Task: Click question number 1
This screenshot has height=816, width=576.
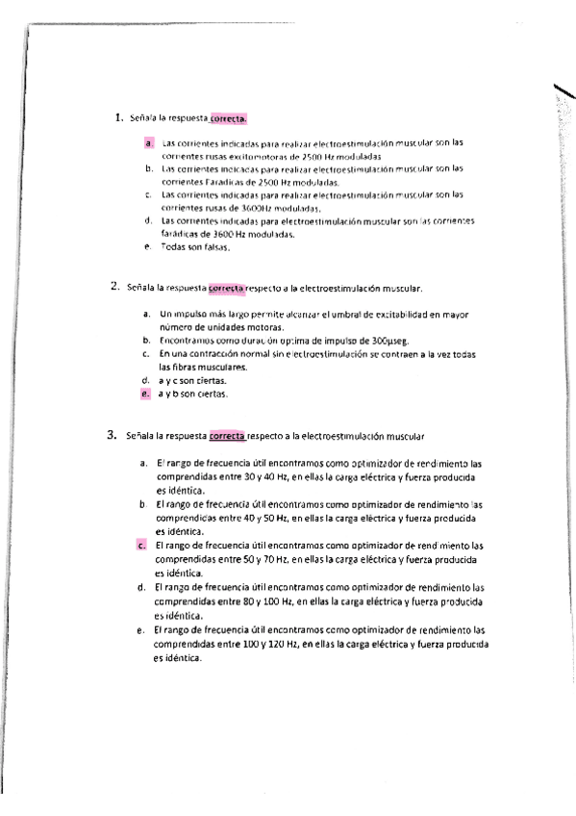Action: [x=118, y=118]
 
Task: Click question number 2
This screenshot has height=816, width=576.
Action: [x=114, y=286]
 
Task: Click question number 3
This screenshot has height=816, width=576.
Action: [x=113, y=435]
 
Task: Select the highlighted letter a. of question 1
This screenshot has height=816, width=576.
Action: [x=149, y=143]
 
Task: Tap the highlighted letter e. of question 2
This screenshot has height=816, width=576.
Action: [x=144, y=393]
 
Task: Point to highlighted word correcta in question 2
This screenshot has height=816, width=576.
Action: [x=227, y=288]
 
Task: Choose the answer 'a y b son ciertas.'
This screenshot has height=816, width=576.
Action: [x=192, y=394]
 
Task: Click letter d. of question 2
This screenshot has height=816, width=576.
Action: [x=144, y=380]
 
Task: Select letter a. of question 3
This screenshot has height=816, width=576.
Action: [x=142, y=463]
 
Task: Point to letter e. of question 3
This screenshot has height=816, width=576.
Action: [x=141, y=630]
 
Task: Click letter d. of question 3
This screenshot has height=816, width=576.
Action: [x=141, y=587]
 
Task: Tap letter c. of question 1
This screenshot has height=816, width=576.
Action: [x=148, y=195]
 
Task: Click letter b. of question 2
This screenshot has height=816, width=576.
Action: [x=145, y=341]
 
